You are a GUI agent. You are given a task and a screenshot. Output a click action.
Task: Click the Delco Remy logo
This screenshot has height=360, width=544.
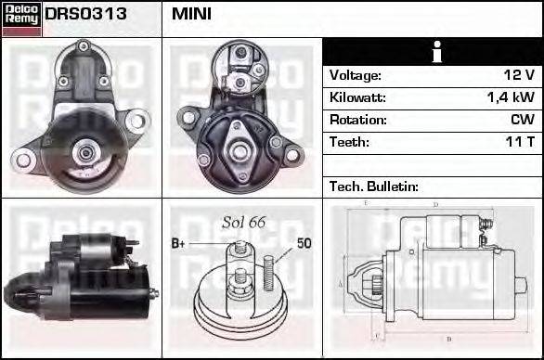(x=21, y=18)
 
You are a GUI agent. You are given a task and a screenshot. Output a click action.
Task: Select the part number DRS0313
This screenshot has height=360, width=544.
(x=85, y=15)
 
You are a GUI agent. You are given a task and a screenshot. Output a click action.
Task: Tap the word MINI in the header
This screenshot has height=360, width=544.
(x=192, y=15)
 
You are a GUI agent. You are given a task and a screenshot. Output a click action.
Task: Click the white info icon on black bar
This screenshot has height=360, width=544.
(x=433, y=52)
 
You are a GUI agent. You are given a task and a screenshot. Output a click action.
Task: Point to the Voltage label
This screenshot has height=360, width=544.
(x=356, y=75)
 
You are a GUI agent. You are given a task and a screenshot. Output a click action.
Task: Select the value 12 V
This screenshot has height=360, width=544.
(x=519, y=75)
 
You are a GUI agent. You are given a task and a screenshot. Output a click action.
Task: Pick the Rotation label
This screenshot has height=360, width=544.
(x=357, y=120)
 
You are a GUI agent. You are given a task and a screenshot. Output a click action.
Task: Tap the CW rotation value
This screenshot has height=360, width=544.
(x=523, y=120)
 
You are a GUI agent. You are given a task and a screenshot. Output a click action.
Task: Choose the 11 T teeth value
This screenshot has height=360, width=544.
(x=519, y=142)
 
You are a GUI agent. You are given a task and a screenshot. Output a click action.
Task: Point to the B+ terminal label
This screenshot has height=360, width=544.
(x=179, y=244)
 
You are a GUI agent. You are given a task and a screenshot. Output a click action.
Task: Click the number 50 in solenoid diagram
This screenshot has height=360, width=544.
(x=304, y=244)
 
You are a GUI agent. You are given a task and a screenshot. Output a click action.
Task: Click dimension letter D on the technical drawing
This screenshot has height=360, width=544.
(x=434, y=205)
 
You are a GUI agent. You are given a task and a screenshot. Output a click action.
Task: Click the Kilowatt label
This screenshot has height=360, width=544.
(x=357, y=97)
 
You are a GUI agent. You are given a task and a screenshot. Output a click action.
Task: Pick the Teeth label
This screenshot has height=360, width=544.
(x=349, y=142)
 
